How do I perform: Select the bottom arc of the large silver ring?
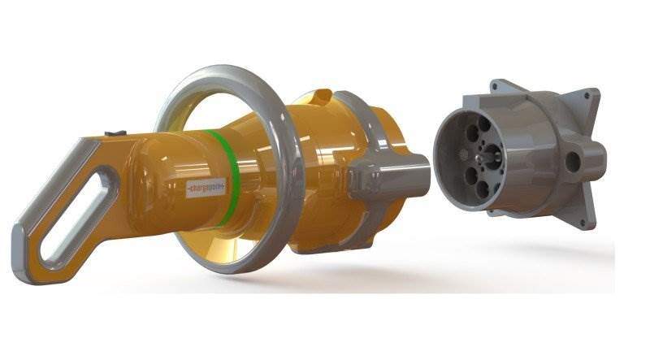tap(236, 265)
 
